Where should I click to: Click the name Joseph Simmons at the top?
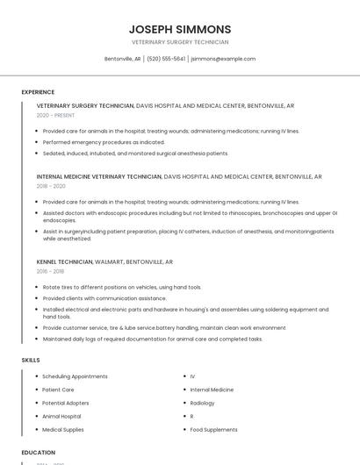pyautogui.click(x=180, y=29)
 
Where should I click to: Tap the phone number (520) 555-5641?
pyautogui.click(x=166, y=59)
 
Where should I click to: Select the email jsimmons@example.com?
pyautogui.click(x=223, y=59)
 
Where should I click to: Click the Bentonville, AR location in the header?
pyautogui.click(x=123, y=59)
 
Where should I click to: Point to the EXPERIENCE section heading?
pyautogui.click(x=38, y=91)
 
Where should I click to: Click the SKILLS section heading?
pyautogui.click(x=30, y=360)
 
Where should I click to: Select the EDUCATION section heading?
pyautogui.click(x=39, y=453)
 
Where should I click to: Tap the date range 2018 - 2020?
pyautogui.click(x=51, y=186)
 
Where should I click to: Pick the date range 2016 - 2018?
pyautogui.click(x=51, y=271)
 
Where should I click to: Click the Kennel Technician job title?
pyautogui.click(x=64, y=261)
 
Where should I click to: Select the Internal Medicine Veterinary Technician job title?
pyautogui.click(x=99, y=176)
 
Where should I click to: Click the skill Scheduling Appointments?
pyautogui.click(x=75, y=376)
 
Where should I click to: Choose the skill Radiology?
pyautogui.click(x=203, y=403)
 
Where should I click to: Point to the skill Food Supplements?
pyautogui.click(x=213, y=430)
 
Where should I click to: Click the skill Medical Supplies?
pyautogui.click(x=63, y=430)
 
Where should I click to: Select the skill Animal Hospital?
pyautogui.click(x=61, y=417)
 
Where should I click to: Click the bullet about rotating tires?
pyautogui.click(x=122, y=287)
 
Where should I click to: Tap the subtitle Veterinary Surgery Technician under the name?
pyautogui.click(x=180, y=42)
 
